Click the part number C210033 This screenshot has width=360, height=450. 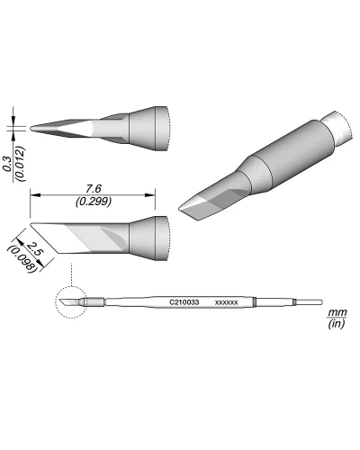(x=186, y=302)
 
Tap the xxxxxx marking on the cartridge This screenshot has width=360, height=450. (x=226, y=302)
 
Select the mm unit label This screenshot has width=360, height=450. (x=337, y=311)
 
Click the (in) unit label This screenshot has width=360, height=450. (x=337, y=324)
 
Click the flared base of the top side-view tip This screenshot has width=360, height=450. (x=148, y=127)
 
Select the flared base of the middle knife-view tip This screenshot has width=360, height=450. (x=148, y=238)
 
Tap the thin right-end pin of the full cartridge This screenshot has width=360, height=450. (x=310, y=301)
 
